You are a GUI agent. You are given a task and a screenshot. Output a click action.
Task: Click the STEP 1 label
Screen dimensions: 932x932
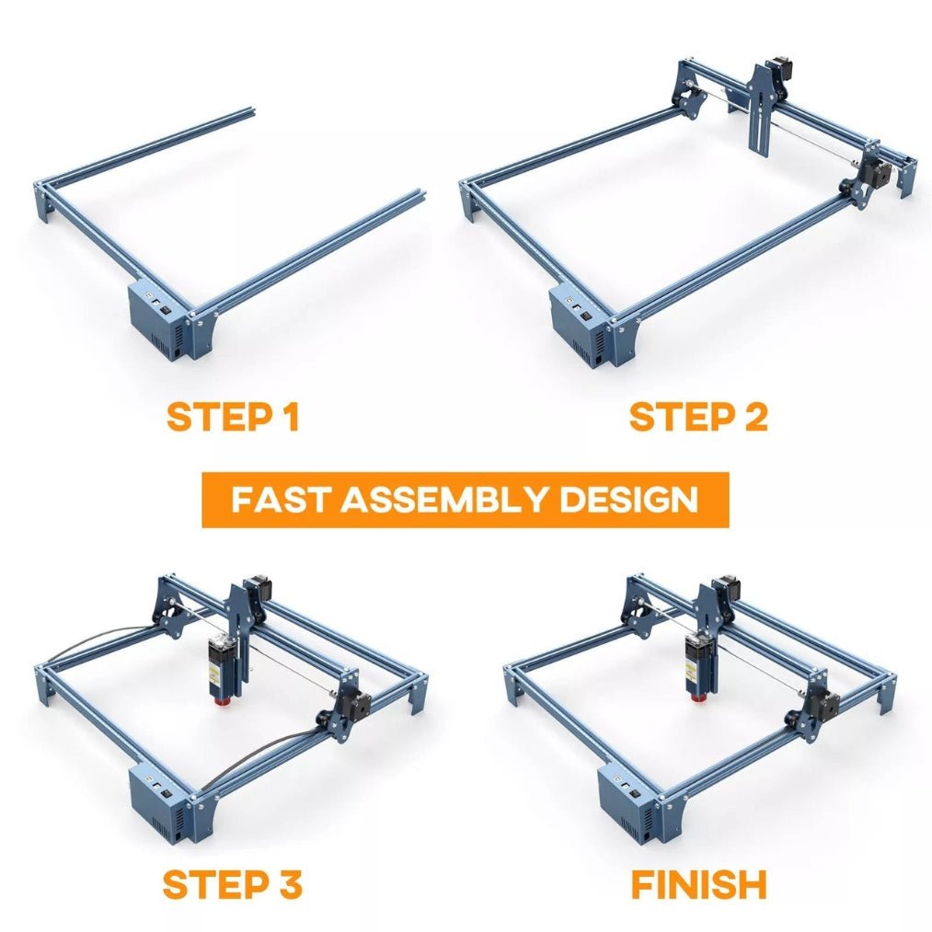click(233, 417)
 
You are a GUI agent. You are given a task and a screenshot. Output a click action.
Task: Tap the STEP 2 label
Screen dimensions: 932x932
click(698, 417)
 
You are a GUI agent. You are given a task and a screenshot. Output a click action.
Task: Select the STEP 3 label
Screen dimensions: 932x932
click(233, 884)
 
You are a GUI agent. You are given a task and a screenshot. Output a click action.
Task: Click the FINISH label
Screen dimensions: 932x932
click(699, 884)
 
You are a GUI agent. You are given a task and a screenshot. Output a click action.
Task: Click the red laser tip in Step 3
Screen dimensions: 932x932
click(223, 700)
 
